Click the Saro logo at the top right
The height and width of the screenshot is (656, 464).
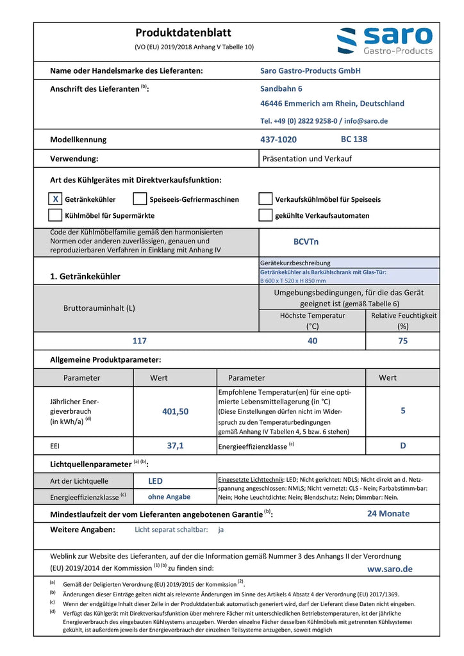tap(385, 41)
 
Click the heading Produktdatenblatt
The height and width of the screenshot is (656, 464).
tap(183, 33)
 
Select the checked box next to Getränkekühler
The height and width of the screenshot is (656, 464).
tap(56, 199)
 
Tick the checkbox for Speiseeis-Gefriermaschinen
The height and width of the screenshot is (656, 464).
tap(140, 199)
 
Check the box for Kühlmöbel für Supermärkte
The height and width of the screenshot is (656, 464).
tap(56, 215)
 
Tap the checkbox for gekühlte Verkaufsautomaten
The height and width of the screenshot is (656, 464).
tap(265, 215)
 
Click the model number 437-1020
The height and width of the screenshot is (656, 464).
tap(278, 140)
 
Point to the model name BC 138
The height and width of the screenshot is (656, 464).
tap(354, 139)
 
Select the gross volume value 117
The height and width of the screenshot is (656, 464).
tap(140, 341)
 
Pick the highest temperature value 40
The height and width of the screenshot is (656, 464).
tap(312, 341)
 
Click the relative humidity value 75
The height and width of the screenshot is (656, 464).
tap(402, 341)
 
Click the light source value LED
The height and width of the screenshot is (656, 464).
tap(155, 480)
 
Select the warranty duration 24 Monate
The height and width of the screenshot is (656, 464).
tap(388, 513)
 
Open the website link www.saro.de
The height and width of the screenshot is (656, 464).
tap(390, 569)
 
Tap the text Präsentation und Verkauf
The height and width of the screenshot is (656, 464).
tap(307, 158)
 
